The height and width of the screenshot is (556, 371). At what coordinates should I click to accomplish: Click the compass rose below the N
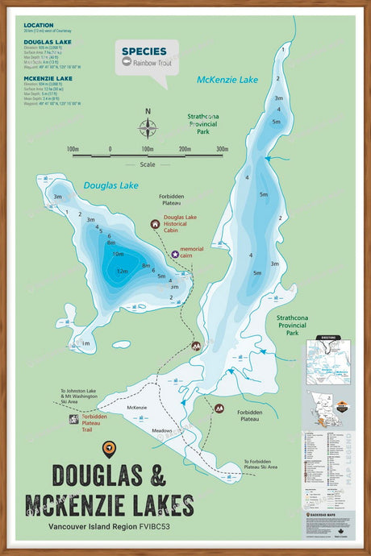(x=148, y=128)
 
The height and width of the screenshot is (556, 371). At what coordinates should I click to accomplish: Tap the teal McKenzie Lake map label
(x=227, y=79)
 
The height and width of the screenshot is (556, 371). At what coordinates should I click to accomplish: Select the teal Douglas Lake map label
(x=111, y=185)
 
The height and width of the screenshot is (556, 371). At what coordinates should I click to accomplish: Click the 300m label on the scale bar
(x=222, y=149)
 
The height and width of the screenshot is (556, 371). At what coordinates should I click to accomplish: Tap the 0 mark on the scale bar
(x=110, y=149)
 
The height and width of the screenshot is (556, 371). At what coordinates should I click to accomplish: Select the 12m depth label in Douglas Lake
(x=122, y=271)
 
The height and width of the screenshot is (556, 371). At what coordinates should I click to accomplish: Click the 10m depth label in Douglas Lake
(x=117, y=254)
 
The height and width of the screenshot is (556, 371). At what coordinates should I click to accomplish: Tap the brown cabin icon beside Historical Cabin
(x=155, y=224)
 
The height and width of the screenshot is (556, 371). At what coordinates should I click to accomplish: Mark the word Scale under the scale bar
(x=148, y=164)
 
